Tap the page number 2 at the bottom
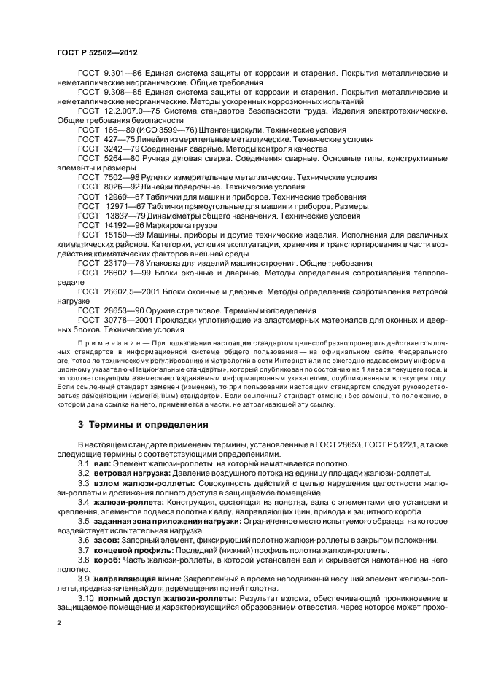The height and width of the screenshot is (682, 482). click(59, 623)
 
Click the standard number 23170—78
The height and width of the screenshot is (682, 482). click(117, 262)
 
